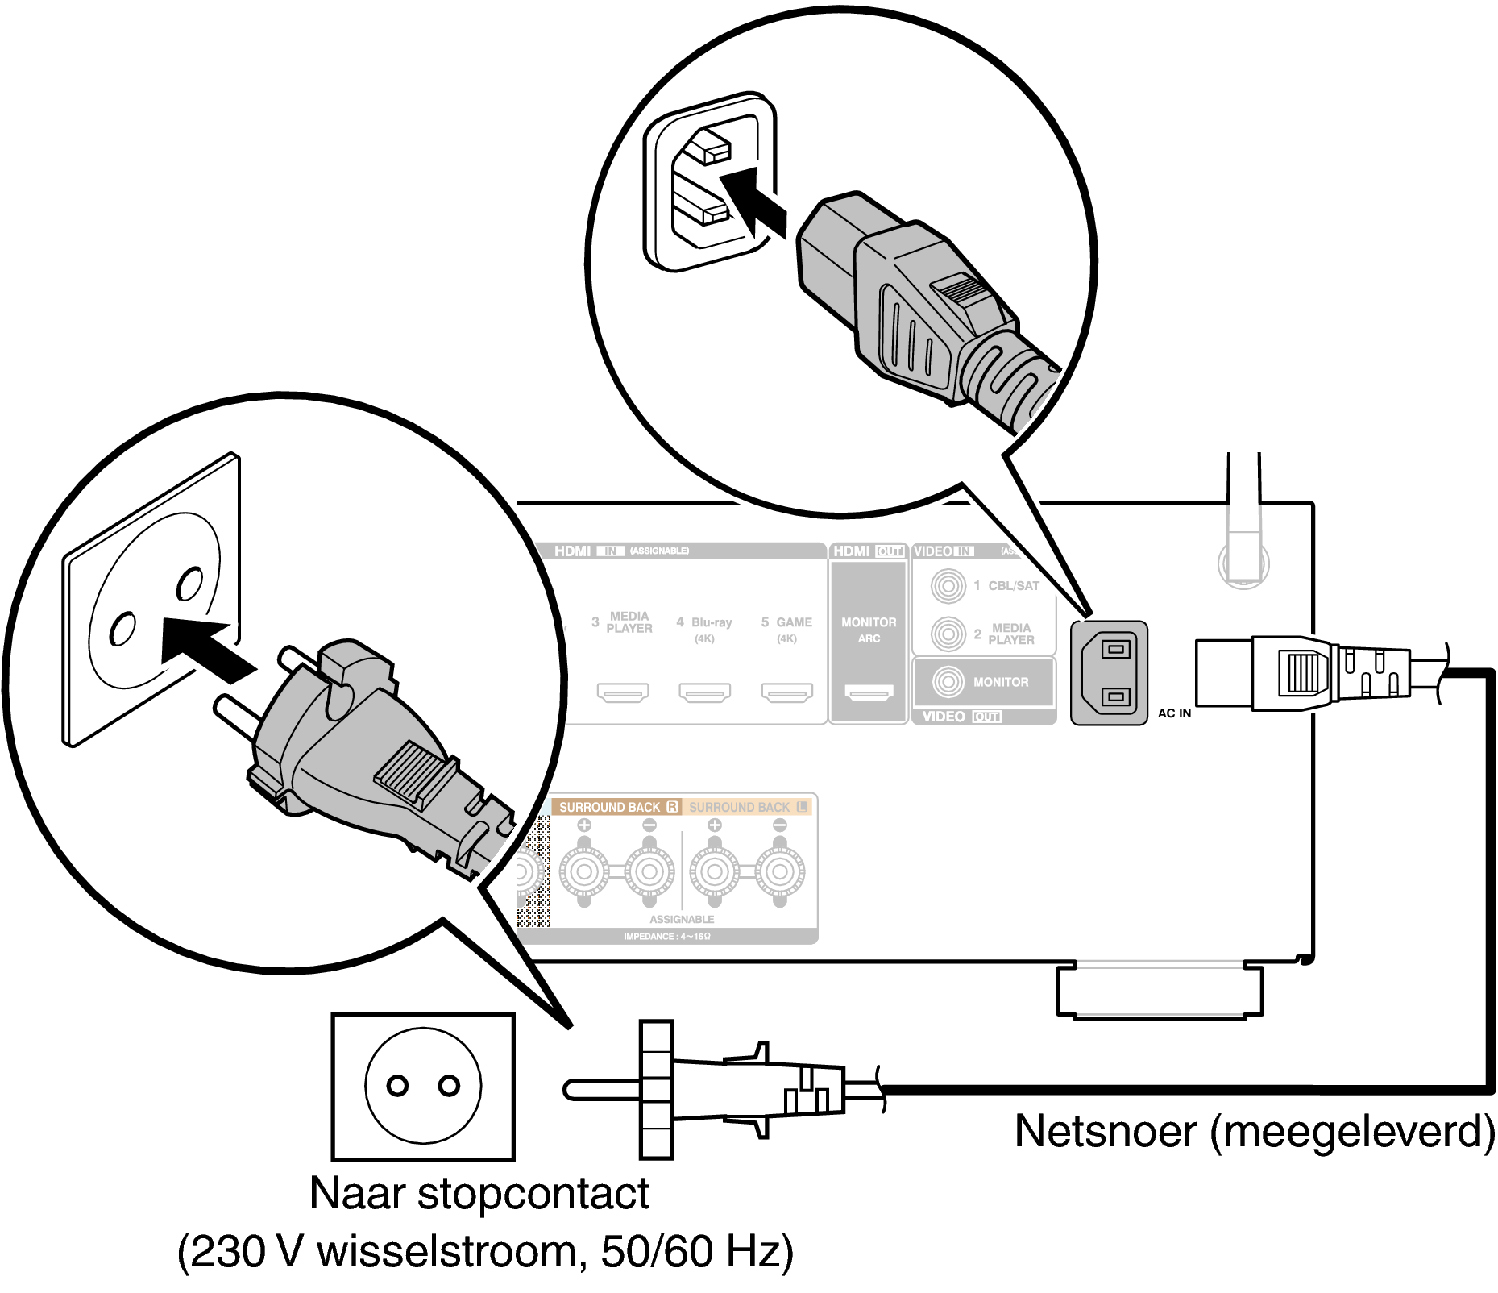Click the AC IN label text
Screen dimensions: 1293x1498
pos(1174,713)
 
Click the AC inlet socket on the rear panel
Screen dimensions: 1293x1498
pos(1109,672)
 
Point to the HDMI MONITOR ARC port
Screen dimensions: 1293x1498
pos(868,692)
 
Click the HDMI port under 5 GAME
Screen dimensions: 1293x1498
pos(787,692)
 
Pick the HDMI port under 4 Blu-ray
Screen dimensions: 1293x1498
pos(704,692)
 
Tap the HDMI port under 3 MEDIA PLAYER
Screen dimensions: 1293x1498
pos(622,692)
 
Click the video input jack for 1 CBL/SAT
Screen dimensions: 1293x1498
pos(948,586)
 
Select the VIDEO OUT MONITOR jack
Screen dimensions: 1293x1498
pos(948,682)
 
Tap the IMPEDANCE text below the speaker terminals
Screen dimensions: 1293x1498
pos(666,937)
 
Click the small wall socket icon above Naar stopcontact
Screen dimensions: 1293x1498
pos(423,1086)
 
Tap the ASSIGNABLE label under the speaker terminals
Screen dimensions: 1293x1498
pos(682,919)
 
